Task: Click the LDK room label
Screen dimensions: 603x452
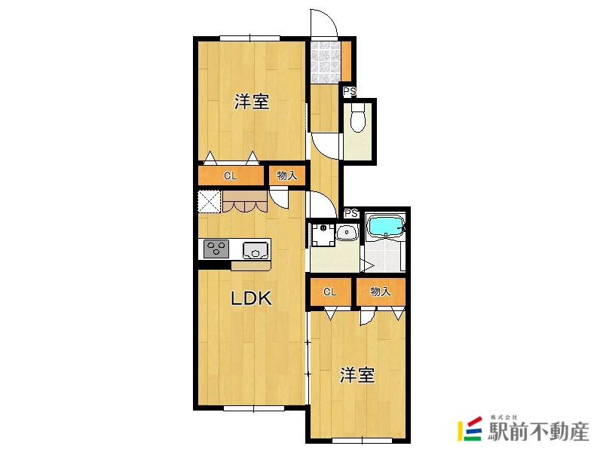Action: [252, 298]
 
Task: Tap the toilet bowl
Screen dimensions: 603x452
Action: [357, 118]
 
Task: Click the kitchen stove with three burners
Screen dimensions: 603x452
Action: [216, 249]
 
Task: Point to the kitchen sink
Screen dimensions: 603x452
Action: [256, 250]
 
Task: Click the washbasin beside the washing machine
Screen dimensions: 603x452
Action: [347, 233]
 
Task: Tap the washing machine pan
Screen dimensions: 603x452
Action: [323, 234]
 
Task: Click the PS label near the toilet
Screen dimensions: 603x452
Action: [350, 91]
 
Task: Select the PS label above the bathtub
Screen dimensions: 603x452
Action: [351, 213]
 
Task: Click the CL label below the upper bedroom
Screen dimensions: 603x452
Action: [231, 176]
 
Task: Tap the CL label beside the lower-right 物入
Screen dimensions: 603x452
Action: [330, 292]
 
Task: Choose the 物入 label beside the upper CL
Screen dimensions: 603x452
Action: [287, 176]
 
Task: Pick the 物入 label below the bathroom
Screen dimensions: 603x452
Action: [381, 292]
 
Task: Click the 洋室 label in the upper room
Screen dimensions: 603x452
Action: [252, 102]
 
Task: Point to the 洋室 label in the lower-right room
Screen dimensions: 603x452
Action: [357, 375]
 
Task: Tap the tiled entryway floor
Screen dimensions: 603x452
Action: [326, 63]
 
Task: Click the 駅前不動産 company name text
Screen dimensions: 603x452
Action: [538, 432]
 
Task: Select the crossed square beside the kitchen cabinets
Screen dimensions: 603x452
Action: [209, 201]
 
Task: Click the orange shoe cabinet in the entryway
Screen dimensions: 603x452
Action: [347, 62]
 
